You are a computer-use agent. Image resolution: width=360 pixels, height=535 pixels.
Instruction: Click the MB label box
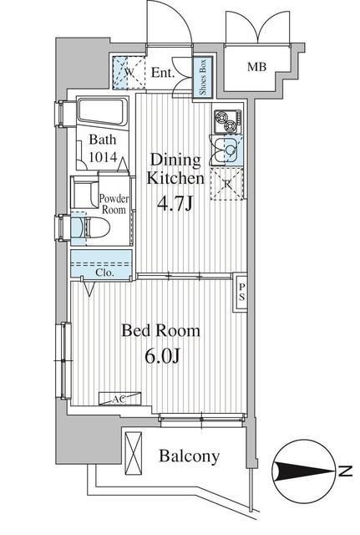[x=256, y=68]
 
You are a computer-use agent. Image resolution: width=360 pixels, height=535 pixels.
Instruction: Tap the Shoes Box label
[x=202, y=78]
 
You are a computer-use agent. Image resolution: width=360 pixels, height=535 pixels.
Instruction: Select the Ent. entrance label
[x=162, y=74]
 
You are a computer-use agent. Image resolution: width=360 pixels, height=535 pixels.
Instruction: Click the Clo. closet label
[x=104, y=272]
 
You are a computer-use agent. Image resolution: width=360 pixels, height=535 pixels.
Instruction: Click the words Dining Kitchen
[x=175, y=168]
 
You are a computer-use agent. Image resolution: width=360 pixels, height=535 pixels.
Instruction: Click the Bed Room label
[x=161, y=331]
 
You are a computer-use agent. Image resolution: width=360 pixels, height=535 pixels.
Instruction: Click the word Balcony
[x=190, y=456]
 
